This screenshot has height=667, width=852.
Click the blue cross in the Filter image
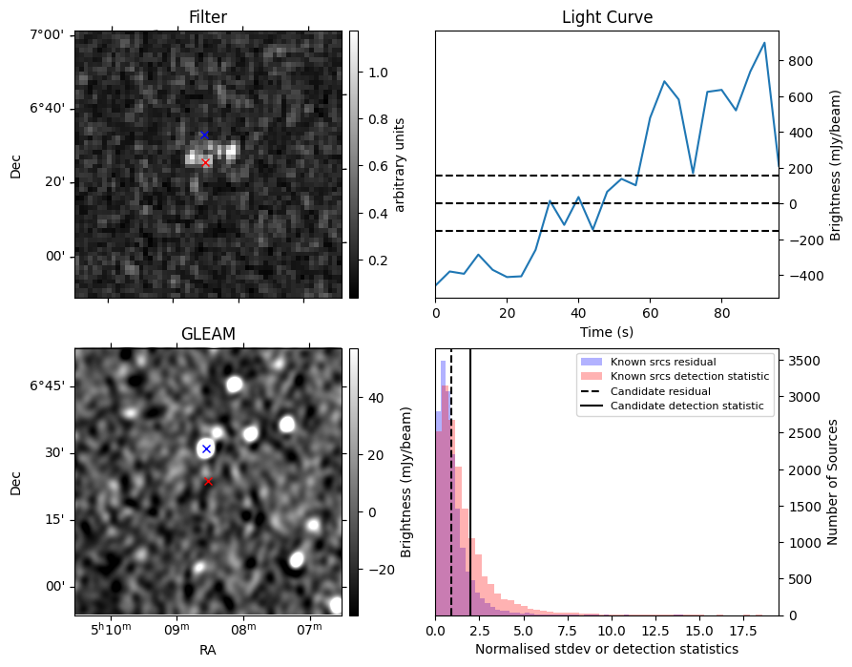[x=204, y=135]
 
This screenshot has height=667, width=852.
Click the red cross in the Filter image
[x=205, y=162]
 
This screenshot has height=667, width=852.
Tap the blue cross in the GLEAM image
[x=206, y=448]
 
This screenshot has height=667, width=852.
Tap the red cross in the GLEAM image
[x=208, y=481]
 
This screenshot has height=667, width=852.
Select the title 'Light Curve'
[x=607, y=17]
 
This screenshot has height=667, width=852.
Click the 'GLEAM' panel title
[x=208, y=334]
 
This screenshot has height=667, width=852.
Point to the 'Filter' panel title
[x=208, y=17]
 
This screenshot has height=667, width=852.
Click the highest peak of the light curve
[x=764, y=42]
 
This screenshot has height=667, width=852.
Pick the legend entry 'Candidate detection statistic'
[x=687, y=406]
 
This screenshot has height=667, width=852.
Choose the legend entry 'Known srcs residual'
[x=663, y=362]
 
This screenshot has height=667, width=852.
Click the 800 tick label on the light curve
[x=801, y=61]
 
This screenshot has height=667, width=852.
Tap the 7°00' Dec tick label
[x=47, y=35]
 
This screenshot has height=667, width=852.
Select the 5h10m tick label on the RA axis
[x=111, y=629]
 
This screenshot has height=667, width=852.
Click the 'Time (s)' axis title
[x=607, y=332]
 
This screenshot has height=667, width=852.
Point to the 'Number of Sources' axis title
[x=832, y=482]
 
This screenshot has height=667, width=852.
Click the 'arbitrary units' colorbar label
[x=400, y=165]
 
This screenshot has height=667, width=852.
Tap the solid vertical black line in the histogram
[x=470, y=482]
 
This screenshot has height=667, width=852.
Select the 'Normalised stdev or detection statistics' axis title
[x=607, y=649]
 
